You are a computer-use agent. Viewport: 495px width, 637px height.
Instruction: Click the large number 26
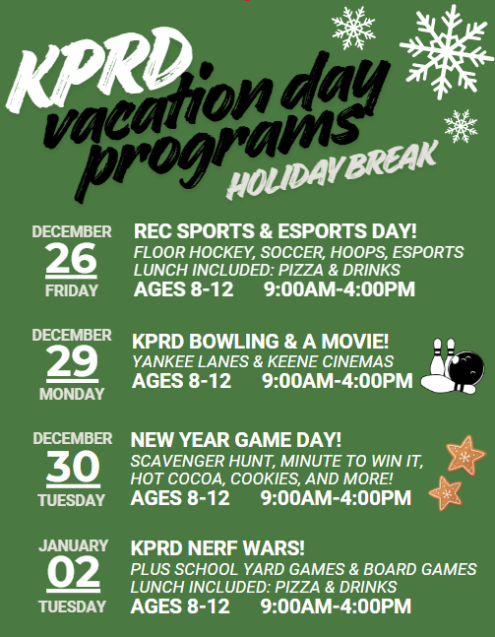click(71, 259)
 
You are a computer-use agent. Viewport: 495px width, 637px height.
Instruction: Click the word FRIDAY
click(71, 291)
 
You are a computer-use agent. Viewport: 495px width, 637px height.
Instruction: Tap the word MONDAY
click(71, 394)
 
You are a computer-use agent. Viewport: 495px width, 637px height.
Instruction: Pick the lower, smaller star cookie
click(446, 491)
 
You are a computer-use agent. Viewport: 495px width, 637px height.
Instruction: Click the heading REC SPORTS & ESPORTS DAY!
click(276, 231)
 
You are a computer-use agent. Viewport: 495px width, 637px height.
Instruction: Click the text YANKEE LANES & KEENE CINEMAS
click(263, 362)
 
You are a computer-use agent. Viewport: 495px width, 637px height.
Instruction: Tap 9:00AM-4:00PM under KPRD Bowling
click(338, 381)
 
